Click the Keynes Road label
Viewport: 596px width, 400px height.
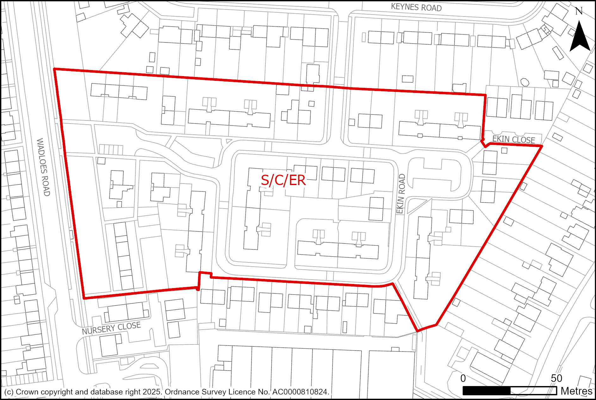tap(416, 7)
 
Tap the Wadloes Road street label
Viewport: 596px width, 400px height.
tap(43, 167)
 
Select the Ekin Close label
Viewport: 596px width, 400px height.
tap(513, 139)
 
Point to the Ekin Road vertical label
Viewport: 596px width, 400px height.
tap(401, 194)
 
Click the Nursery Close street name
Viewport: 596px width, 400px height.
tap(111, 328)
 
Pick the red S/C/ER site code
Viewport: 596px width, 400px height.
tap(283, 180)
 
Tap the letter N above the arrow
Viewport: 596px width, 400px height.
tap(579, 11)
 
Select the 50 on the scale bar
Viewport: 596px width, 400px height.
tap(556, 378)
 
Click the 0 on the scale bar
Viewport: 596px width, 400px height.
tap(463, 378)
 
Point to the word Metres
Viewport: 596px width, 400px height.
tap(576, 391)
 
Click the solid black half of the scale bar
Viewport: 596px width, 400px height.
tap(487, 391)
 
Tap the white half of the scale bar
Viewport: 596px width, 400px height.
tap(533, 391)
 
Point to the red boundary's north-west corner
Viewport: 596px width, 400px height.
tap(55, 69)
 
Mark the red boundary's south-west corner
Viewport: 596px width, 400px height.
tap(84, 298)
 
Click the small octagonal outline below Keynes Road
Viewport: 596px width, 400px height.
tap(525, 82)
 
